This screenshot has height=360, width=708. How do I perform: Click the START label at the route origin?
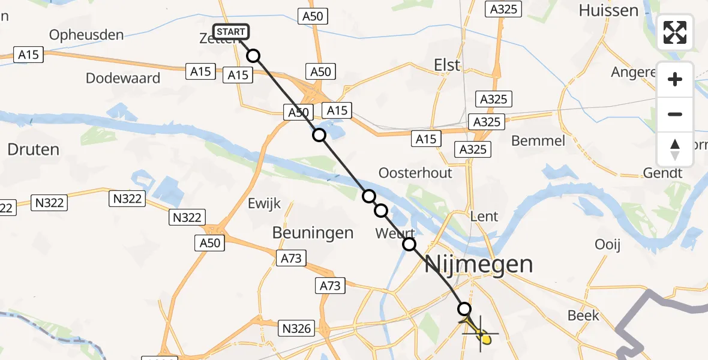coord(230,32)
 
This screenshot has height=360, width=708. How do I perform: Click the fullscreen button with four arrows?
coord(675,32)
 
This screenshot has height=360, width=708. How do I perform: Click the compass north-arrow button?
coord(675,149)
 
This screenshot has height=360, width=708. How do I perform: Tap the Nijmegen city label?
coord(479,264)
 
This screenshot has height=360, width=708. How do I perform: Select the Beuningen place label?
coord(313,232)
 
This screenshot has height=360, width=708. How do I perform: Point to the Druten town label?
coord(33,149)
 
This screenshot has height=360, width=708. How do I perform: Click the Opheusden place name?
coord(86,35)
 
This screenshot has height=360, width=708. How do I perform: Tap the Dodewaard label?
coord(123,78)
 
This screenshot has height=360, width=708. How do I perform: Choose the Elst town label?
coord(447,65)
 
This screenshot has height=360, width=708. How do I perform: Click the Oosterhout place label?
coord(415,173)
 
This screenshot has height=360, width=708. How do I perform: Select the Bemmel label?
coord(538,141)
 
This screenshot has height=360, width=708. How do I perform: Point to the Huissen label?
coord(608,10)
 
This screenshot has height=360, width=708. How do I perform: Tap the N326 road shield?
coord(296,328)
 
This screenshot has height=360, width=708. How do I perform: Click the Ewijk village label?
coord(264,204)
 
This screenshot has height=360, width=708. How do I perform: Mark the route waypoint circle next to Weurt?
coord(409,244)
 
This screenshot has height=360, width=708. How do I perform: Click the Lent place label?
coord(485,216)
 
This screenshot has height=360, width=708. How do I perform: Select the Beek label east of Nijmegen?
coord(583,315)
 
